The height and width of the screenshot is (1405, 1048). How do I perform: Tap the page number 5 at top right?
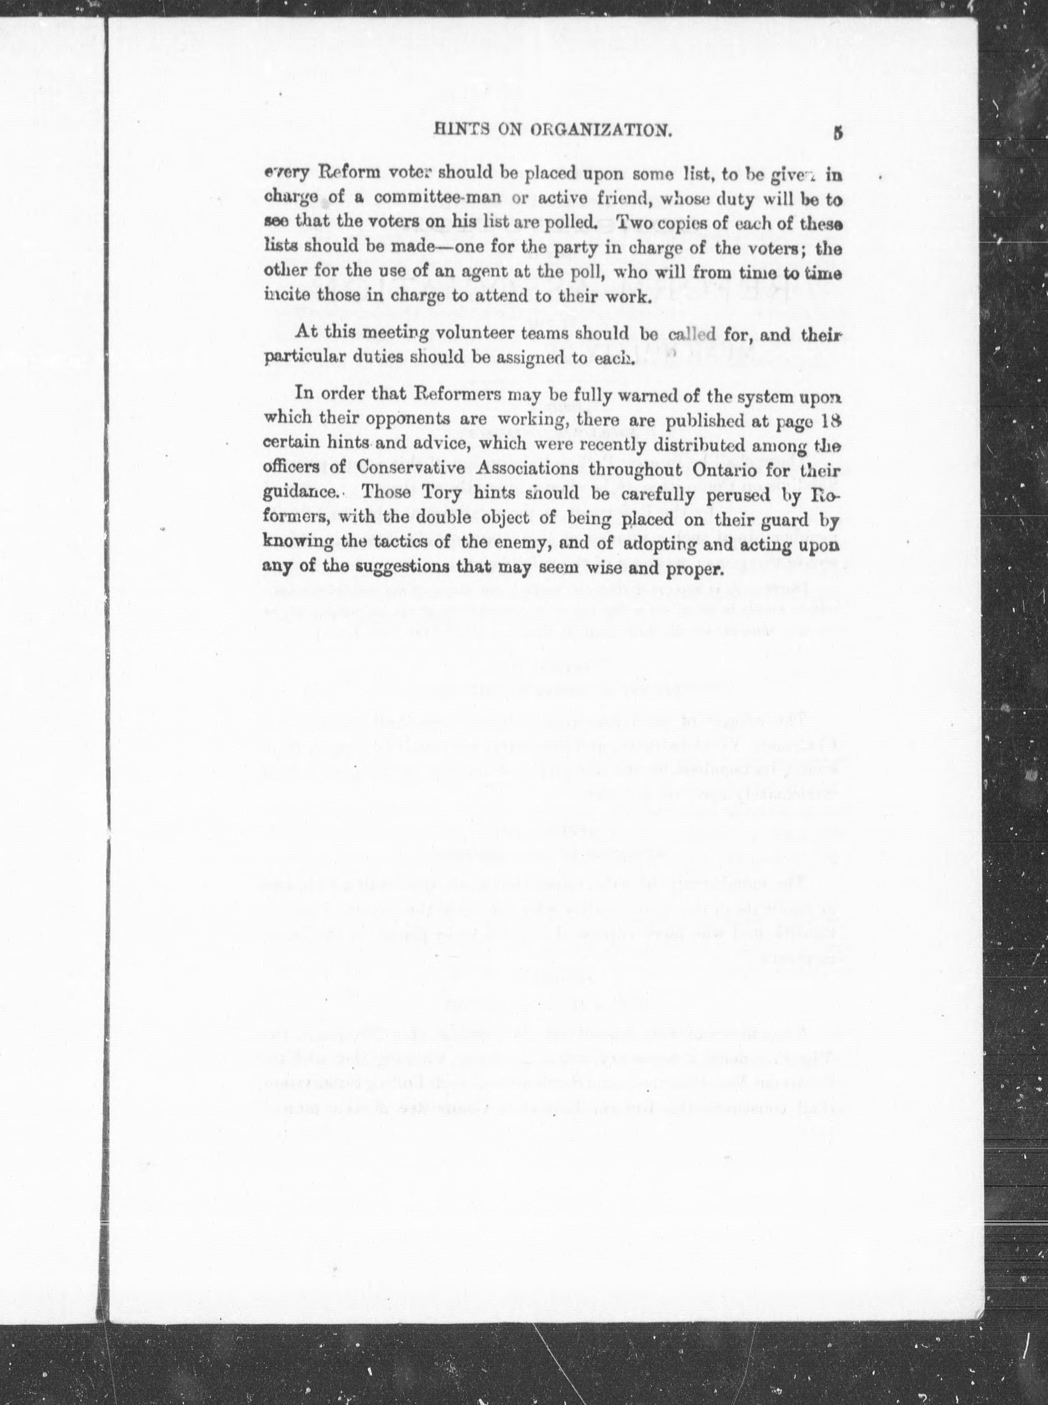(x=838, y=133)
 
